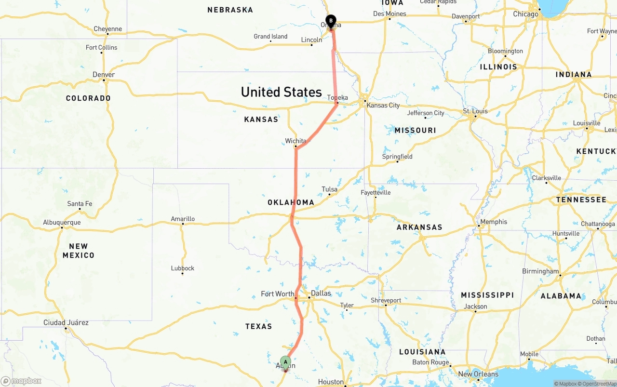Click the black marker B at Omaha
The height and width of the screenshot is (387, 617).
coord(331,21)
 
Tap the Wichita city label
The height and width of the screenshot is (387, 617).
coord(295,141)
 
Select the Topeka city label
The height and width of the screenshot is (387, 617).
coord(337,97)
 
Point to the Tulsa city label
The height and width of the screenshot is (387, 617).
coord(329,189)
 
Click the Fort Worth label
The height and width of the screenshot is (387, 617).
coord(277,294)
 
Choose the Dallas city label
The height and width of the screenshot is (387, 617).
coord(321,293)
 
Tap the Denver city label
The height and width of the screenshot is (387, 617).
coord(104,74)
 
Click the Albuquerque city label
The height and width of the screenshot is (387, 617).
coord(62,222)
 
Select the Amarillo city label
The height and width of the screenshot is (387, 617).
coord(183,219)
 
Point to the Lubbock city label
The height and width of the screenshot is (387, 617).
coord(183,268)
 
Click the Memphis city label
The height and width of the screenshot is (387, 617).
coord(494,222)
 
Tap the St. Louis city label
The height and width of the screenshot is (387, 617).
coord(475,111)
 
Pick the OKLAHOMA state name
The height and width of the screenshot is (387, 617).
coord(291,202)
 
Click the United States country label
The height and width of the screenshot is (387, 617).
coord(281,92)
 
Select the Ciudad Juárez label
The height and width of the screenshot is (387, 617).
coord(66,322)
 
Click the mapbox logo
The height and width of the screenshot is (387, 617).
coord(21,381)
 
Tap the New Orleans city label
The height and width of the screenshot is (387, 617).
coord(478,374)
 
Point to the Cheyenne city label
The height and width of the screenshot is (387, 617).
coord(107,29)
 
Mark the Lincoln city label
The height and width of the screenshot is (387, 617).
coord(311,40)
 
